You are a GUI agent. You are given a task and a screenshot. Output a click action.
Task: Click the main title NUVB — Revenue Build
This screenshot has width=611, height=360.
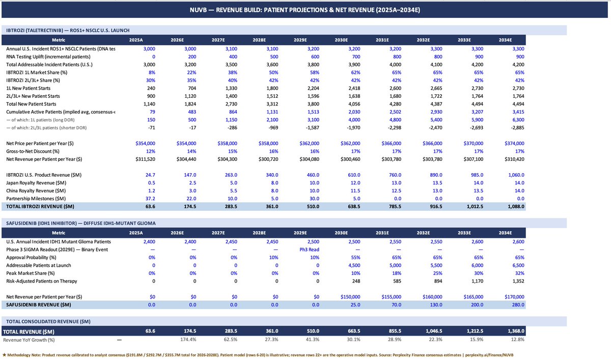click(x=304, y=10)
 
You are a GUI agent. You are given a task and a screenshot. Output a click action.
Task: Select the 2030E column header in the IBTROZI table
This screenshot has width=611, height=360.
click(x=341, y=40)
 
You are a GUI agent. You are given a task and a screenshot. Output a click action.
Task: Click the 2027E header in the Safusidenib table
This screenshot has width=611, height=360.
click(x=218, y=233)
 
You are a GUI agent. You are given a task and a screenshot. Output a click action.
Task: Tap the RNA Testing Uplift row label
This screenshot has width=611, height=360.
click(x=48, y=57)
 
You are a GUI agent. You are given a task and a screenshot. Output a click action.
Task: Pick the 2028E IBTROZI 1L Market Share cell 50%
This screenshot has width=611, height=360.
click(x=273, y=72)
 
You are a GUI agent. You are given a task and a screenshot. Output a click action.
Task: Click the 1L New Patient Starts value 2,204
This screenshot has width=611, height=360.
click(x=313, y=89)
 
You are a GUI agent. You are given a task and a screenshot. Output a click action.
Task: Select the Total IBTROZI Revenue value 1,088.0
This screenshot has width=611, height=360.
click(x=516, y=206)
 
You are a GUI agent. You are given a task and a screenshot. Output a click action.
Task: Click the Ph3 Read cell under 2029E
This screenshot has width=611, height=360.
click(x=310, y=250)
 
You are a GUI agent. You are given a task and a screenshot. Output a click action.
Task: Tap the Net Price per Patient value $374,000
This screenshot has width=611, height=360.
click(x=514, y=144)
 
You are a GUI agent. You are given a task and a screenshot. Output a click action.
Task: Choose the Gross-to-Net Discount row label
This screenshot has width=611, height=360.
click(x=33, y=151)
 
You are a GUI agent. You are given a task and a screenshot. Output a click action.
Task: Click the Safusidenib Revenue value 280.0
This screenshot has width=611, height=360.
click(x=518, y=304)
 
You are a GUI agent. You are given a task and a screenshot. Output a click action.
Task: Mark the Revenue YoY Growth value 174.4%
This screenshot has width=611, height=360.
click(x=188, y=340)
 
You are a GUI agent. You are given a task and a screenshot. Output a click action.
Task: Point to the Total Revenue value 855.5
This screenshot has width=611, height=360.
click(x=395, y=331)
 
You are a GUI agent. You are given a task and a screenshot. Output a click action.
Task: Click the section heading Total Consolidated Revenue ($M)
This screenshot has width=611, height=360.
click(x=48, y=321)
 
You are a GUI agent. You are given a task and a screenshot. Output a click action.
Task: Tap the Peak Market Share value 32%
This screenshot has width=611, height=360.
click(x=519, y=273)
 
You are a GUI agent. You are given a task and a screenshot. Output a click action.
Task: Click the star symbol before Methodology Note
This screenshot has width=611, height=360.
click(x=4, y=355)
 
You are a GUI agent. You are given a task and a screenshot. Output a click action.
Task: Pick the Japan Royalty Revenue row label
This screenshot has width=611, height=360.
click(x=36, y=183)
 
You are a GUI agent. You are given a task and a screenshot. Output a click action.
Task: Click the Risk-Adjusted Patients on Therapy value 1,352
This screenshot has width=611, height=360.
click(x=518, y=281)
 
